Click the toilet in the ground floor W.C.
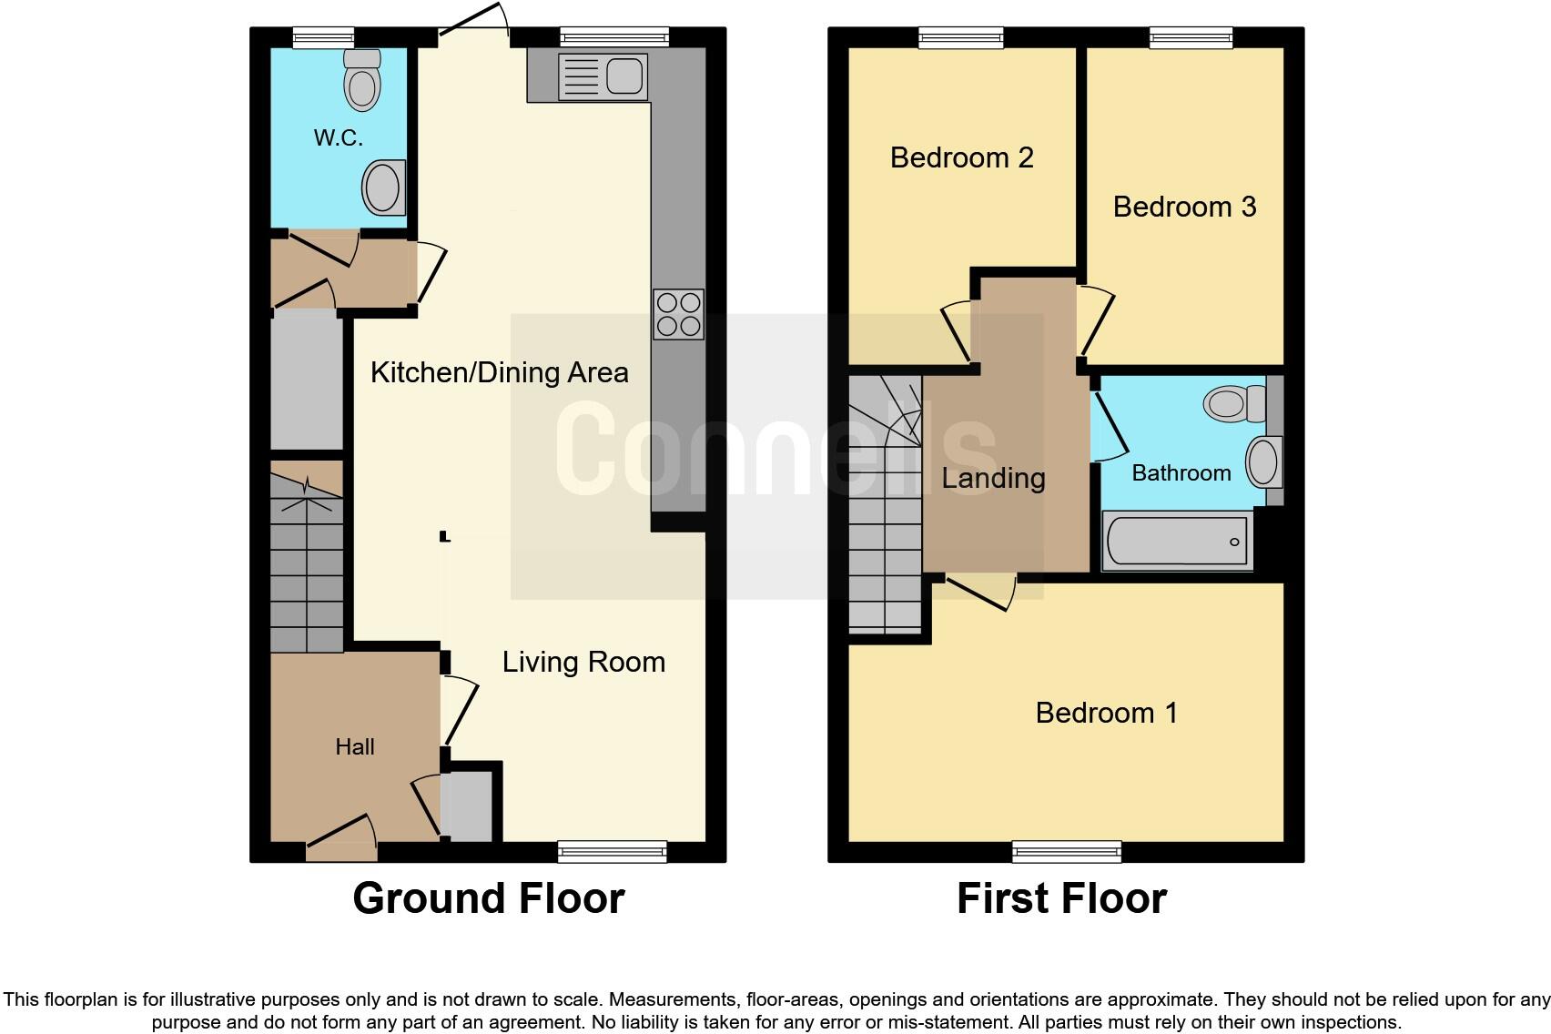coord(362,82)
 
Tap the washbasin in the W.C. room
coord(382,188)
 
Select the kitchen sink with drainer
coord(603,76)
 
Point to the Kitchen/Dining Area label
coord(499,372)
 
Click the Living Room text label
coord(583,662)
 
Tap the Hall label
coord(354,747)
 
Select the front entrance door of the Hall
coord(341,836)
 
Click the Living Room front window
coord(612,852)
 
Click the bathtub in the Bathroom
coord(1177,542)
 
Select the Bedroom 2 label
coord(961,157)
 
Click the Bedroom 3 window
coord(1191,37)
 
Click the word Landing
coord(993,478)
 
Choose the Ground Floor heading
coord(488,898)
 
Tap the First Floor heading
coord(1061,898)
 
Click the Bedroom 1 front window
coord(1066,852)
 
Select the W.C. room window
coord(324,37)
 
